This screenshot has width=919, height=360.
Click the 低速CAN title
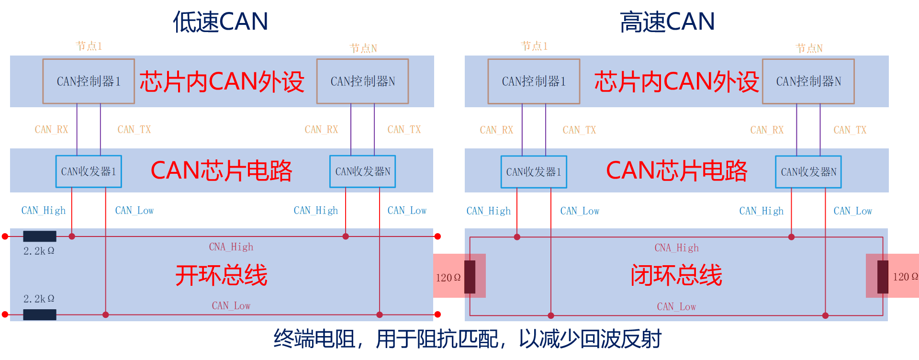220,22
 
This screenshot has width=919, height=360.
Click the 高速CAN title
667,22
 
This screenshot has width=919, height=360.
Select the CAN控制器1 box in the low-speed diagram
89,81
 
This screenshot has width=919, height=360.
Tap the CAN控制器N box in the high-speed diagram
808,81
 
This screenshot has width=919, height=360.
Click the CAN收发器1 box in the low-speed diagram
89,171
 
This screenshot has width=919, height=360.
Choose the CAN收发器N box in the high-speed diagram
808,172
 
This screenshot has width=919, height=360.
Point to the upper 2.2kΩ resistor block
40,236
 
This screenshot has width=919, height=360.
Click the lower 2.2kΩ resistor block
40,315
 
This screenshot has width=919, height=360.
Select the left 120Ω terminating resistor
470,277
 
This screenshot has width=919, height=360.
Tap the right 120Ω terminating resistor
883,277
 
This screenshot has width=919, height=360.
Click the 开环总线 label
221,275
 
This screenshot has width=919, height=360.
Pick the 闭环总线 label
676,275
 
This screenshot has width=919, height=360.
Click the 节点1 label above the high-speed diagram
534,46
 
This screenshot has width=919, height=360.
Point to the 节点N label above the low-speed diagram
363,48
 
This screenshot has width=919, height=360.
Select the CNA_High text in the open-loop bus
231,247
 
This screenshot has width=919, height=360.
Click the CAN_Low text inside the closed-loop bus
676,307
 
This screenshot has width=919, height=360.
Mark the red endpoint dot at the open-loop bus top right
437,236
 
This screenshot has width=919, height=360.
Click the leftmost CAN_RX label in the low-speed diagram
51,130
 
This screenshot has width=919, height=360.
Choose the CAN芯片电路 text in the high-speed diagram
676,170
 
